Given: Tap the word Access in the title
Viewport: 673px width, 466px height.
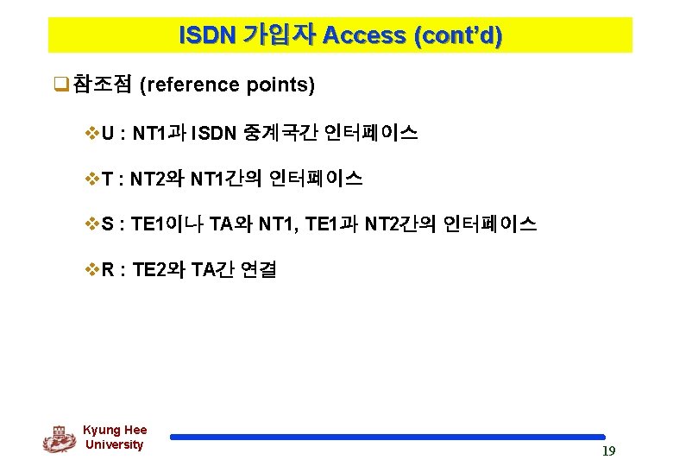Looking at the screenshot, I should click(x=367, y=35).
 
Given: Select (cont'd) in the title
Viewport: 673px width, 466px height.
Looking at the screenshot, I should click(x=458, y=35).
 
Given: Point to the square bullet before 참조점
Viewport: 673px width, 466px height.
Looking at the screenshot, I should click(x=60, y=85).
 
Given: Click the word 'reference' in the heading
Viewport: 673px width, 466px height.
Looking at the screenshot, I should click(x=189, y=85).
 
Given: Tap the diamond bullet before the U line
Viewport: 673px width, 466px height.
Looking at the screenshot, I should click(x=92, y=133).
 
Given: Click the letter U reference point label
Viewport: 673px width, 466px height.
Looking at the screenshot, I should click(x=108, y=133).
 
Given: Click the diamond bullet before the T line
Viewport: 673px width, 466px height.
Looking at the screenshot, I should click(x=92, y=179).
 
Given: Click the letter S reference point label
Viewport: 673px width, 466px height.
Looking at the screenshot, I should click(x=108, y=224).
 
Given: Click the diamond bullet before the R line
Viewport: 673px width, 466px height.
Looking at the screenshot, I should click(x=92, y=270).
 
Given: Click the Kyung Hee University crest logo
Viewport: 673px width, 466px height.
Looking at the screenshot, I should click(x=60, y=438).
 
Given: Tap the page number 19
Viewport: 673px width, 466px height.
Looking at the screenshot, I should click(x=608, y=451).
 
